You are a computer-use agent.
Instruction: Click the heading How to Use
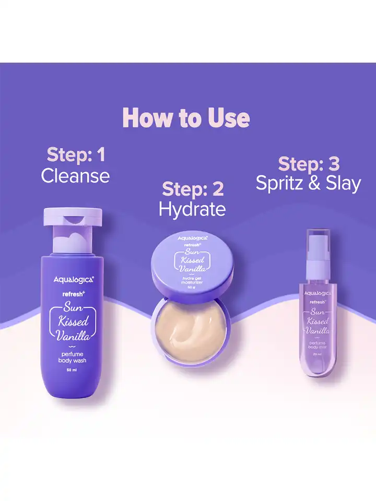186,118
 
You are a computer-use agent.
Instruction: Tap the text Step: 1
76,154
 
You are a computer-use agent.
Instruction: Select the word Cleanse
76,176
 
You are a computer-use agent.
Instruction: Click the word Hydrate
192,209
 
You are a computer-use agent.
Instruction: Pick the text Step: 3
309,163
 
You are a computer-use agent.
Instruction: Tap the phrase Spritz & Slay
309,183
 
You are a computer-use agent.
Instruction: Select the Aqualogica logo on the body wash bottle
73,280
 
